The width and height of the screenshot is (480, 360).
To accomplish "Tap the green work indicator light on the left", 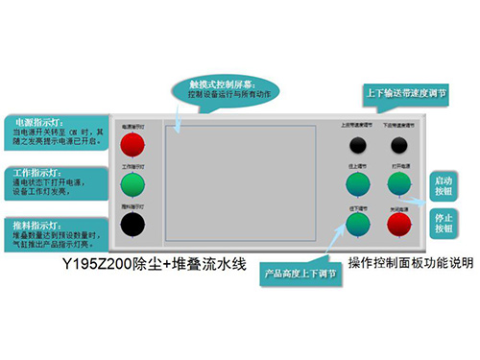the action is [133, 184].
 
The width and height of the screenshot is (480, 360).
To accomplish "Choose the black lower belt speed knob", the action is [399, 145].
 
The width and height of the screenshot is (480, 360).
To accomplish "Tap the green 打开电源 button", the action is [399, 183].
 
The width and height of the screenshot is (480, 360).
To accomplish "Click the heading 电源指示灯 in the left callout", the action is [35, 123].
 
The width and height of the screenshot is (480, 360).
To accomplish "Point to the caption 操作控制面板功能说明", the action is [403, 262].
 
